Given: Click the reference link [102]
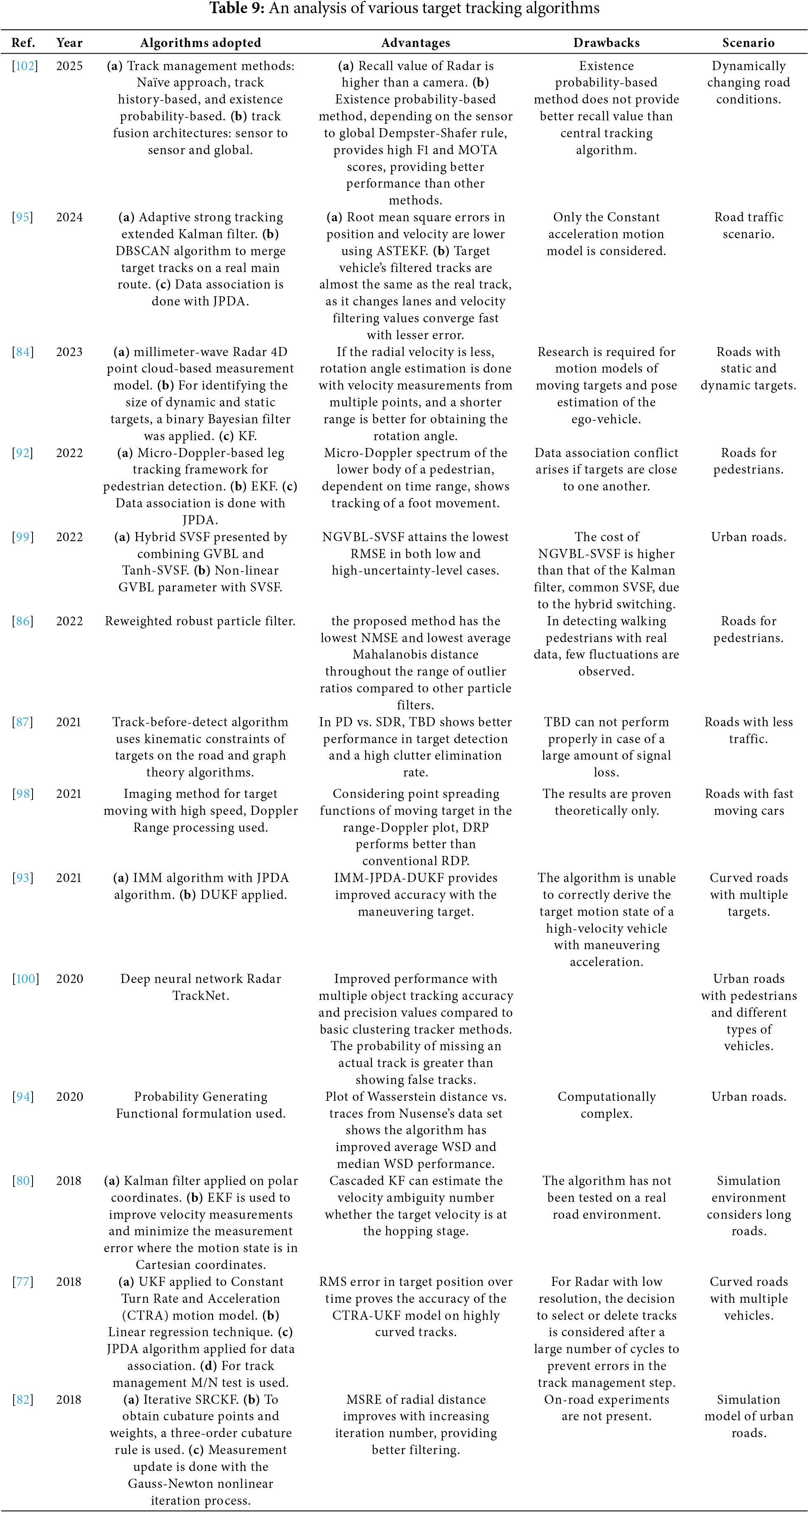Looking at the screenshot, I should click(x=25, y=66).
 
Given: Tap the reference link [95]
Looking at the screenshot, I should click(x=23, y=217).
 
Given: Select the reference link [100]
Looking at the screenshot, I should click(x=25, y=978).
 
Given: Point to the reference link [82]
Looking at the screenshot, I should click(x=23, y=1399).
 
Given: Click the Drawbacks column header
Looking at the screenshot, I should click(x=606, y=43).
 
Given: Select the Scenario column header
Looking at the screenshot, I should click(x=748, y=43).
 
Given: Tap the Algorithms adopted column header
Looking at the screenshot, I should click(x=200, y=43).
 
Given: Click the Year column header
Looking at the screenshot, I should click(x=69, y=43).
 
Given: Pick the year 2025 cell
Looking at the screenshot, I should click(x=69, y=66).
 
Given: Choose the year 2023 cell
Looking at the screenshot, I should click(x=69, y=352).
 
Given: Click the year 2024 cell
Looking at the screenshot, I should click(x=69, y=217).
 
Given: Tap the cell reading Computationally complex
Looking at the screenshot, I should click(x=606, y=1105).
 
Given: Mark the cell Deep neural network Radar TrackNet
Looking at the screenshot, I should click(x=200, y=987).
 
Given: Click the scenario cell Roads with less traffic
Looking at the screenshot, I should click(x=748, y=730).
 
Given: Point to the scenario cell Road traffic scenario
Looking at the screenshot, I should click(x=748, y=225).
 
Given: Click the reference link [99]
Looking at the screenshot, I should click(x=23, y=537).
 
